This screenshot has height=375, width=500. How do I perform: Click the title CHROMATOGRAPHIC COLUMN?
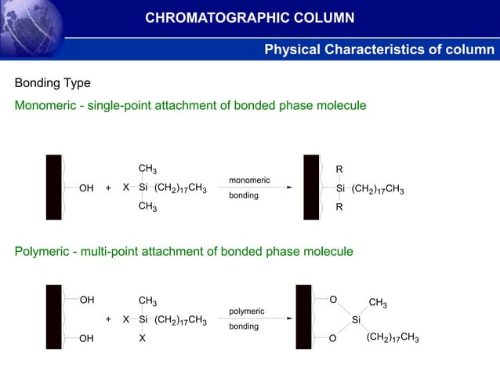tap(249, 18)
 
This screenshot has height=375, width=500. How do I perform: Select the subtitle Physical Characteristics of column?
tap(379, 50)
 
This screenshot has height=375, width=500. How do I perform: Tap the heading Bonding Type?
tap(53, 83)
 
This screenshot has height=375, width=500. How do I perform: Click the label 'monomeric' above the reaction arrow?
tap(249, 180)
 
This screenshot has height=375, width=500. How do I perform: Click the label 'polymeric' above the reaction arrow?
tap(247, 311)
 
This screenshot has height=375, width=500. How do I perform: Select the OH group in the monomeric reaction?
tap(86, 188)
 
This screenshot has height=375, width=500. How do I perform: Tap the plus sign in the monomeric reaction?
tap(108, 188)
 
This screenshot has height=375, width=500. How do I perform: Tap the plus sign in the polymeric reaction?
tap(108, 319)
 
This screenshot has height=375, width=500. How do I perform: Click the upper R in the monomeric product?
tap(339, 169)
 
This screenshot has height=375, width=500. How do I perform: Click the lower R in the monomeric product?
tap(339, 207)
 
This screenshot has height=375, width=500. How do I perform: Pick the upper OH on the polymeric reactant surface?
tap(87, 300)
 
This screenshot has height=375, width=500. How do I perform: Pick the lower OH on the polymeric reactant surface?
tap(87, 339)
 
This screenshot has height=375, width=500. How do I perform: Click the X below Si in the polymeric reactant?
tap(143, 338)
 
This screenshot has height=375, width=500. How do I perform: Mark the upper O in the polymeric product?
tap(333, 300)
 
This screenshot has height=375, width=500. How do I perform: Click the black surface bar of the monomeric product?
tap(311, 187)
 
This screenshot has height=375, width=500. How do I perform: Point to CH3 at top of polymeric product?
tap(377, 304)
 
